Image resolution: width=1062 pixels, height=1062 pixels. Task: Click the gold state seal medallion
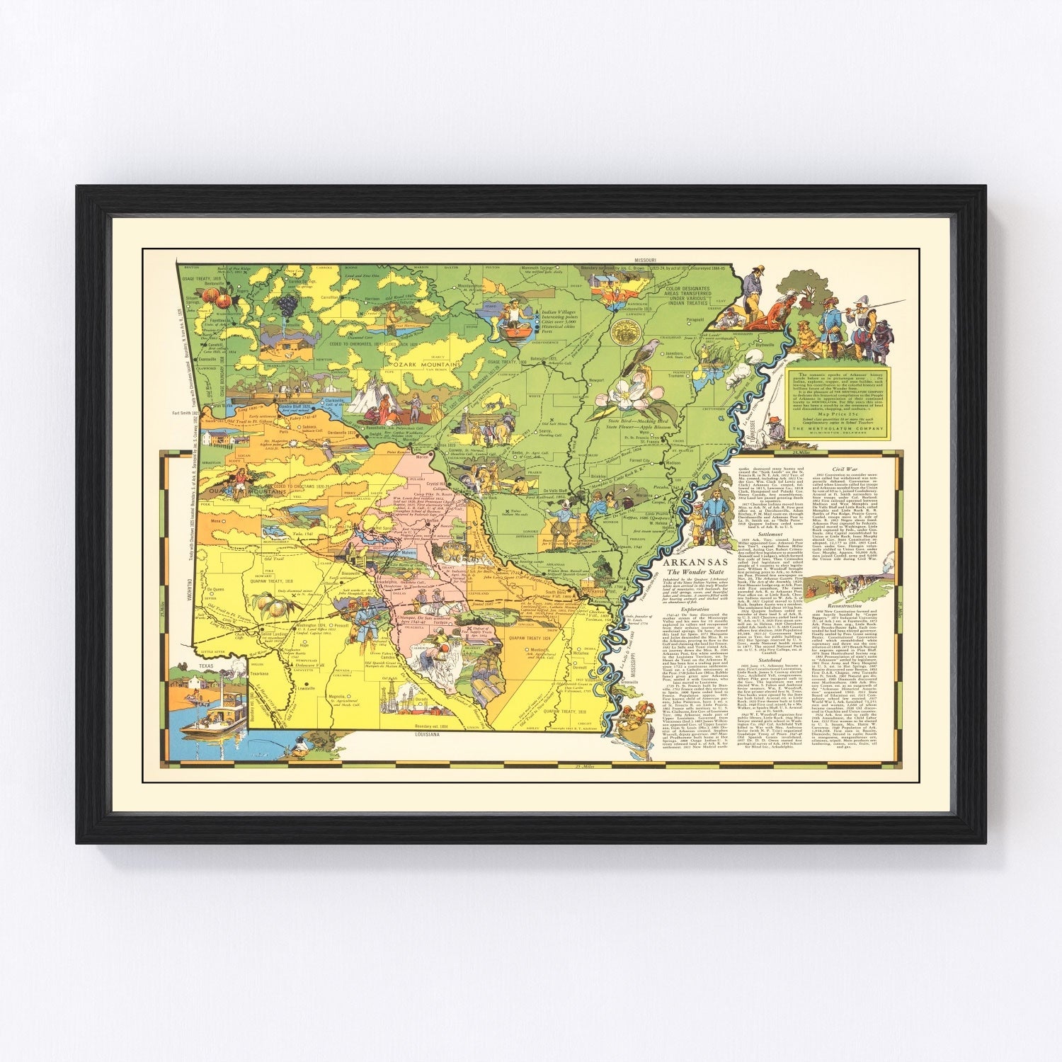pyautogui.click(x=626, y=331)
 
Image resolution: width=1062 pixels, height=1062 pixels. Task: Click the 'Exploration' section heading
pyautogui.click(x=694, y=588)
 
